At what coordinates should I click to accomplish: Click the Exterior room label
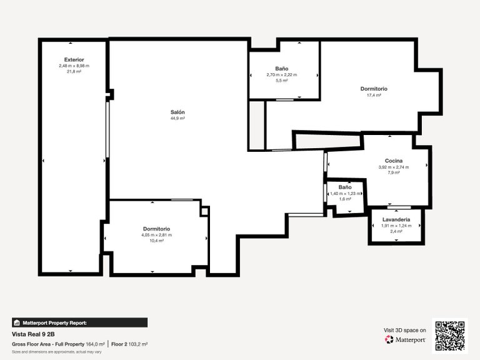(74, 59)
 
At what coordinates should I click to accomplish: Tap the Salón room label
(177, 112)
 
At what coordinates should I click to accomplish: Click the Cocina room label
(394, 161)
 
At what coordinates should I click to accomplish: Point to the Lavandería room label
(396, 219)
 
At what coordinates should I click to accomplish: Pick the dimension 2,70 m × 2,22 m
(281, 75)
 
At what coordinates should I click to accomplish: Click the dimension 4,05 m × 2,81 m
(156, 235)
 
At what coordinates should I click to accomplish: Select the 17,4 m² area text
(374, 95)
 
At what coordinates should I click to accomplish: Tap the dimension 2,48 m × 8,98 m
(74, 66)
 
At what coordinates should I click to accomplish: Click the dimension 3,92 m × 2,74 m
(394, 167)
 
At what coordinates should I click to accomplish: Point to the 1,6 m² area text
(345, 199)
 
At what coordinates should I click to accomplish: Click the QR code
(450, 336)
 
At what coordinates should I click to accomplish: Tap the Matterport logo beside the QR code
(406, 340)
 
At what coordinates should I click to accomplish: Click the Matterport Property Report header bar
(80, 322)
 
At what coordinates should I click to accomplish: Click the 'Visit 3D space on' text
(404, 329)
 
